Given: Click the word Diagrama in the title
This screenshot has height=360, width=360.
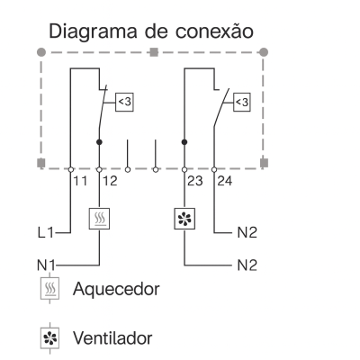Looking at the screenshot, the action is [x=93, y=32].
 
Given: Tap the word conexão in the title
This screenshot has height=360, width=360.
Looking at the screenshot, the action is [x=214, y=31].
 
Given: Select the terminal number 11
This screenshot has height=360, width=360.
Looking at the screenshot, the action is [x=80, y=181].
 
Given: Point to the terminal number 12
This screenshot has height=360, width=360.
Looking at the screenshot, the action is [x=110, y=181].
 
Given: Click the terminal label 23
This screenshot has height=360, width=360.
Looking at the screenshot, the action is [x=195, y=181].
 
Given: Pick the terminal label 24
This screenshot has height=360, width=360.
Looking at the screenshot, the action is [x=225, y=181].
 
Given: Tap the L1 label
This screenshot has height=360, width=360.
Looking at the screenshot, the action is [x=46, y=232].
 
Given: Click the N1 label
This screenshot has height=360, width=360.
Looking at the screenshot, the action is [x=46, y=265].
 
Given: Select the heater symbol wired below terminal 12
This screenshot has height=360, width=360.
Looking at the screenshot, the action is [x=99, y=219].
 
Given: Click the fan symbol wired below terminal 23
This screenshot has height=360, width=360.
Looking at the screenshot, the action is [x=184, y=219].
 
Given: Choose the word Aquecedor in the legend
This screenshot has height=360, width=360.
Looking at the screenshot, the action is [x=116, y=289].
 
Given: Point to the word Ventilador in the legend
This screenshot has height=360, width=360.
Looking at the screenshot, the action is [x=112, y=337].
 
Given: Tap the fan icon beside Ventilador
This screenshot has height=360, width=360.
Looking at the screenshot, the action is [x=49, y=338].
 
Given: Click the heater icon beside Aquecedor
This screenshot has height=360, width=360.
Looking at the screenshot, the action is [x=49, y=289].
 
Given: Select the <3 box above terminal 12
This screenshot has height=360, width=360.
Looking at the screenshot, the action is [x=124, y=103].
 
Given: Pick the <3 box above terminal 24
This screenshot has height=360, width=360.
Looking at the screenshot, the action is [x=242, y=103].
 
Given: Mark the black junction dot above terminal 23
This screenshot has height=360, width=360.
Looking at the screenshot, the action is [x=184, y=142].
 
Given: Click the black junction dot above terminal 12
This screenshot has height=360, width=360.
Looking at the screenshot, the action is [x=99, y=142].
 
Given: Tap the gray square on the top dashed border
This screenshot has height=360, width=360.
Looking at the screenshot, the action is [x=154, y=52].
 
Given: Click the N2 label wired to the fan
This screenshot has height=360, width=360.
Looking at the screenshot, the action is [x=247, y=265].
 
